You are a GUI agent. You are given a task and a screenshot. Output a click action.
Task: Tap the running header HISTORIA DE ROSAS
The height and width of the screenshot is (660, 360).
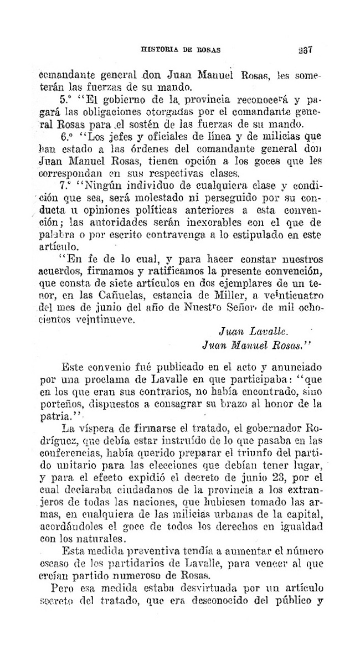coord(181,49)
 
